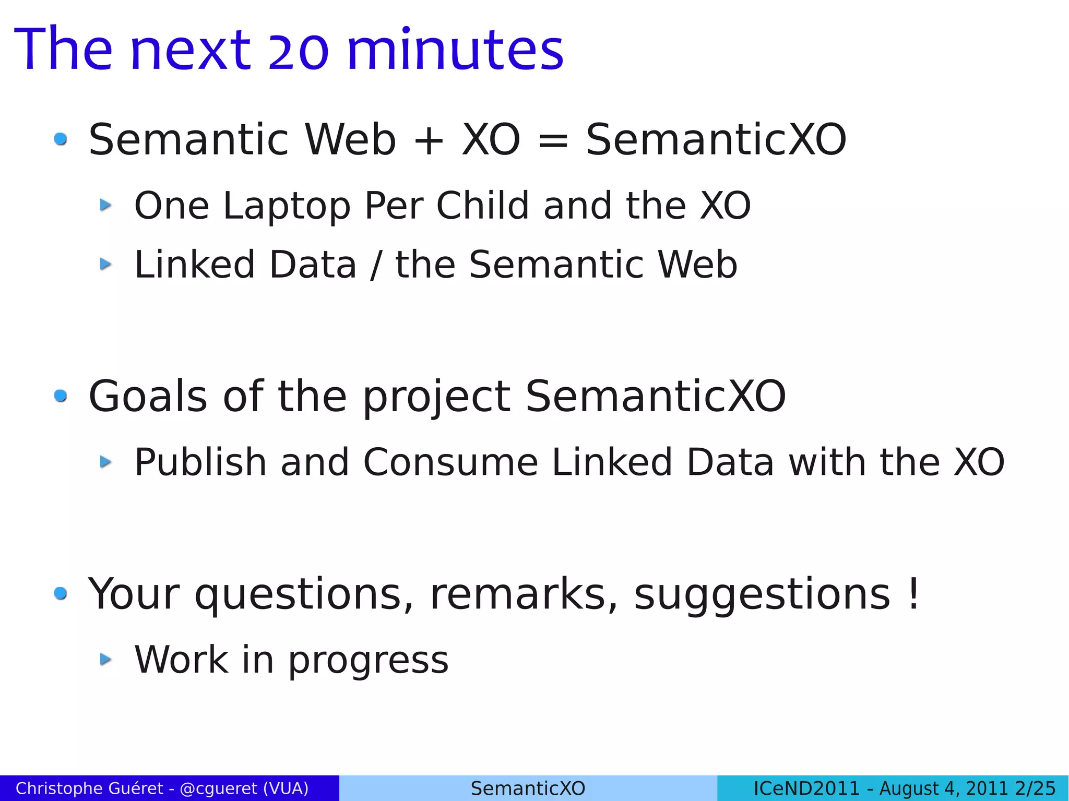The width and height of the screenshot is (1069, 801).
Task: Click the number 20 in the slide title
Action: (298, 50)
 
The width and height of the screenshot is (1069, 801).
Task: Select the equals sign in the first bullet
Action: (553, 140)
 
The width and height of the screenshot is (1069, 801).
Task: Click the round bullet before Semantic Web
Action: (61, 139)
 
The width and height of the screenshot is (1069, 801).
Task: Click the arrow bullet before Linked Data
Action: (105, 264)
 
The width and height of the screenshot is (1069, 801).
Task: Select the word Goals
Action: (148, 397)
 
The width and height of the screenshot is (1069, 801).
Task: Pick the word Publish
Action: (200, 462)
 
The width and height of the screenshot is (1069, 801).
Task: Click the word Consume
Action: (450, 462)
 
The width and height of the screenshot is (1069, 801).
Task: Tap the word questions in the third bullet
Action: (304, 595)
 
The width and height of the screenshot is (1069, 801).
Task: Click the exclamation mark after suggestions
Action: (913, 594)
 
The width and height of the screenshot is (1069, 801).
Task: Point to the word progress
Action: (368, 661)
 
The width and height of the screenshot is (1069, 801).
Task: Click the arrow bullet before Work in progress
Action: (105, 659)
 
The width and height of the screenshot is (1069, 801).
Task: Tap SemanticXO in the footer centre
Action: (528, 788)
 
